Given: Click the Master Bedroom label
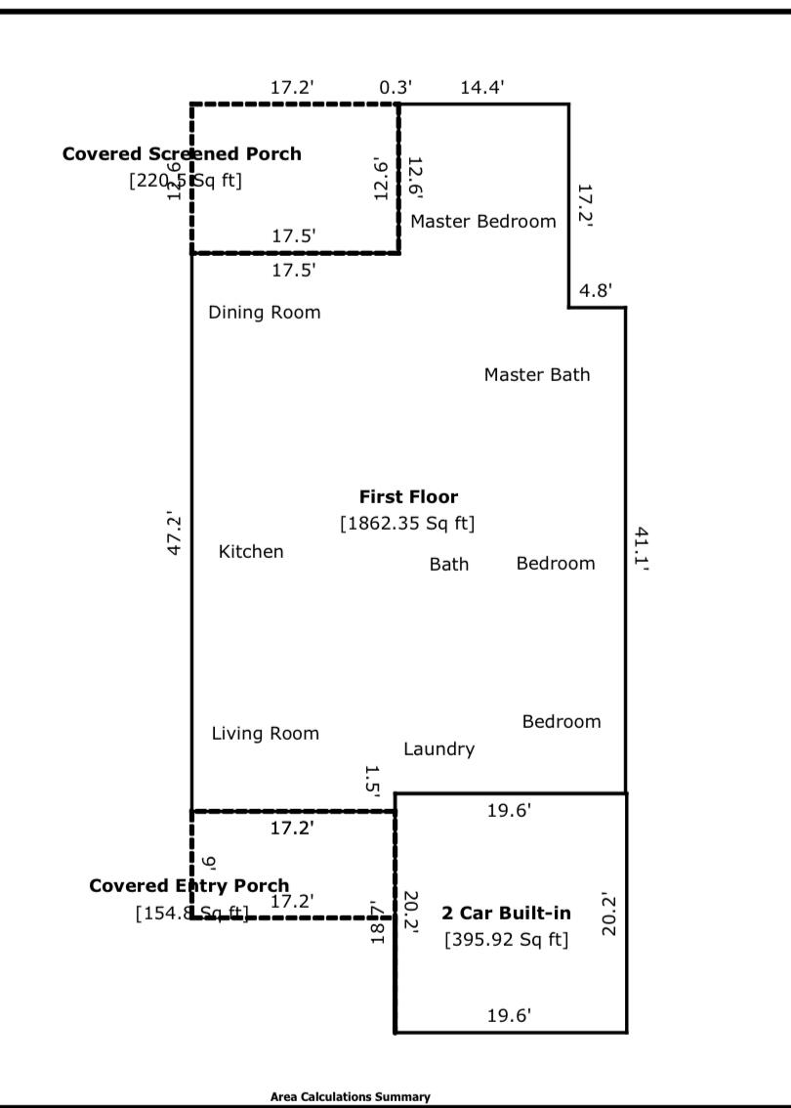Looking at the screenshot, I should pyautogui.click(x=482, y=221).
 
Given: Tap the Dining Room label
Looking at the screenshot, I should pyautogui.click(x=264, y=313).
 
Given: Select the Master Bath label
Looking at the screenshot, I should pyautogui.click(x=537, y=374).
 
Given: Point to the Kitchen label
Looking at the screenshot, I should pyautogui.click(x=251, y=552).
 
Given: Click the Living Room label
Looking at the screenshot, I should pyautogui.click(x=265, y=733).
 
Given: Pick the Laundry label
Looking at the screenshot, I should pyautogui.click(x=438, y=748).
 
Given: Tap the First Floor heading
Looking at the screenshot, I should pyautogui.click(x=408, y=496).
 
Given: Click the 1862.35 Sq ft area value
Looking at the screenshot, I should pyautogui.click(x=407, y=524).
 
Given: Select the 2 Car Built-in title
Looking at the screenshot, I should pyautogui.click(x=506, y=914).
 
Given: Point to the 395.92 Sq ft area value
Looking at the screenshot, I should pyautogui.click(x=506, y=940).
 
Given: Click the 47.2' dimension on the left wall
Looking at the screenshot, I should pyautogui.click(x=176, y=533).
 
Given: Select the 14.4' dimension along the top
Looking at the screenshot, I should pyautogui.click(x=482, y=87).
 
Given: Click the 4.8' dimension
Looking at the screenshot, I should pyautogui.click(x=596, y=290).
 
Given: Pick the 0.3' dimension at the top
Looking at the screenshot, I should pyautogui.click(x=395, y=87).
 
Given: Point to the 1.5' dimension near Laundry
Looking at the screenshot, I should pyautogui.click(x=371, y=782).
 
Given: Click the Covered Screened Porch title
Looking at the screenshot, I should pyautogui.click(x=182, y=153).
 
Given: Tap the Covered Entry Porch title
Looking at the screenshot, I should pyautogui.click(x=188, y=885).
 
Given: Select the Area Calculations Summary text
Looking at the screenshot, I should pyautogui.click(x=350, y=1096).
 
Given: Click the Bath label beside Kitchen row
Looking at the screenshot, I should pyautogui.click(x=449, y=564).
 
